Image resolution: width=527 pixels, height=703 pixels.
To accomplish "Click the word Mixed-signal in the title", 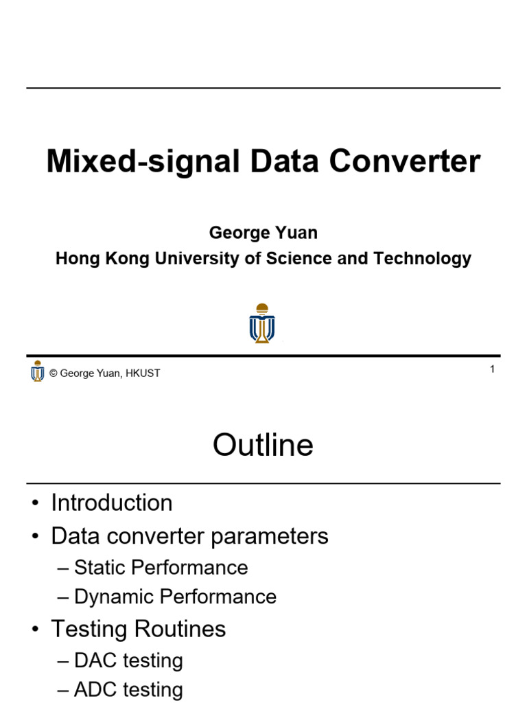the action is [x=143, y=162].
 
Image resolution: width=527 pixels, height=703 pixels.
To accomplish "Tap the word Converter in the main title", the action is [x=405, y=161].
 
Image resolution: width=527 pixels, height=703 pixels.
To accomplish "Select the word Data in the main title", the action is [x=285, y=161].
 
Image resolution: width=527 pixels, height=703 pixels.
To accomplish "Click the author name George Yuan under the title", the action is [x=263, y=233].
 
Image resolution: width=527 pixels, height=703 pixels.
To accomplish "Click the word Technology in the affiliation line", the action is [x=422, y=259].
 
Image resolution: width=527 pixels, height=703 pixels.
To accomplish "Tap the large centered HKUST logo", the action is [x=262, y=323].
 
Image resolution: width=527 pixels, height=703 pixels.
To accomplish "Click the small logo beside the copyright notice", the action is [x=38, y=371].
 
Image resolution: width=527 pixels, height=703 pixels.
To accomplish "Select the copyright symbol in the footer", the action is [x=54, y=373].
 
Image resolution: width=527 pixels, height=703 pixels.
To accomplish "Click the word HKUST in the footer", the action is [x=143, y=373].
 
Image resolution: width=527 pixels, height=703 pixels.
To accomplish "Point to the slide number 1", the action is [x=492, y=369].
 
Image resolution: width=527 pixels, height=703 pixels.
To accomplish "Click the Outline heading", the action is [x=263, y=445].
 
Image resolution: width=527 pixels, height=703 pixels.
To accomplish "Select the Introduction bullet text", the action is [x=112, y=503].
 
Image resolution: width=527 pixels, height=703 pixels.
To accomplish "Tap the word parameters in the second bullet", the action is [x=269, y=537].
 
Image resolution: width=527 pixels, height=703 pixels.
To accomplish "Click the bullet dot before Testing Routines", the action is [x=36, y=629].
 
